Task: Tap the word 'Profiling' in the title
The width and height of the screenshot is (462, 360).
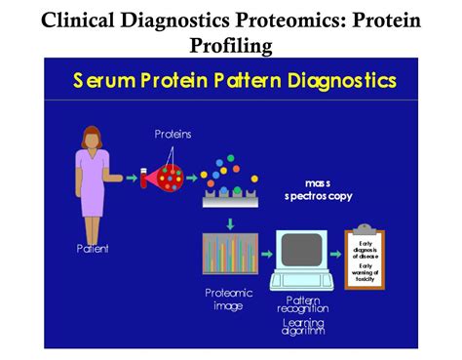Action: (x=231, y=45)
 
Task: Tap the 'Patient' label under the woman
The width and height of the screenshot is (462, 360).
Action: (x=93, y=249)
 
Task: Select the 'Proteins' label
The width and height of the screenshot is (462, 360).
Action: (x=173, y=133)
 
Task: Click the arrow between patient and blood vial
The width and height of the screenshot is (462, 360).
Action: (x=128, y=178)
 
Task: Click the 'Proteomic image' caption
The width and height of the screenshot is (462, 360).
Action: (x=229, y=298)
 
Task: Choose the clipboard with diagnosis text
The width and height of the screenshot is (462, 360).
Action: (x=366, y=258)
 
